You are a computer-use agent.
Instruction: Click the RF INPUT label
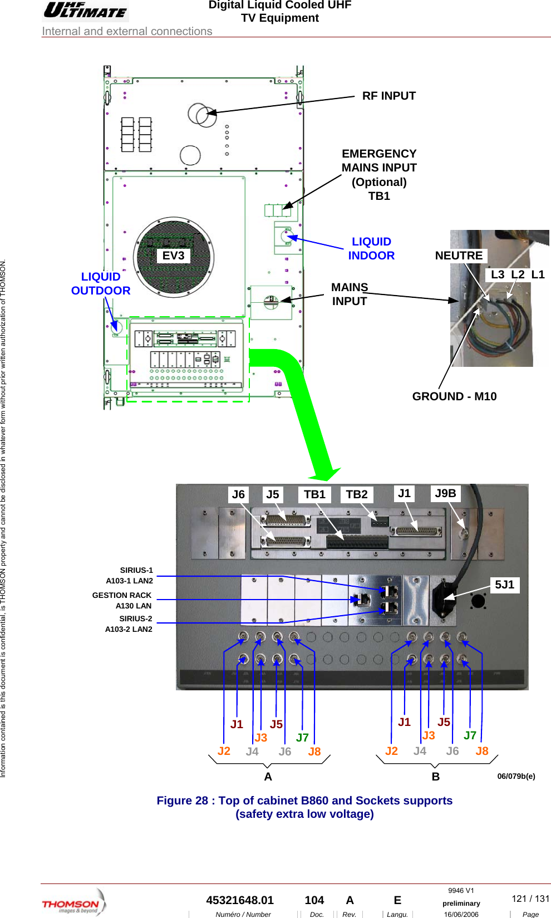point(388,96)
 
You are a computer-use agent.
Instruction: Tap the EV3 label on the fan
point(173,256)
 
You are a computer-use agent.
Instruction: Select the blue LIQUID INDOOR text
point(371,248)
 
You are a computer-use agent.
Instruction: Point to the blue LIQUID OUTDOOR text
point(101,283)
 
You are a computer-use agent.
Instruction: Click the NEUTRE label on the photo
point(459,256)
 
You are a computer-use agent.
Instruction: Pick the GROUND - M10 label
point(454,396)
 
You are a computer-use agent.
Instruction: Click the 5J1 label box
point(505,585)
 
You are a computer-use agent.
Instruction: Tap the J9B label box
point(445,493)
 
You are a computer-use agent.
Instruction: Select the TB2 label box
point(356,494)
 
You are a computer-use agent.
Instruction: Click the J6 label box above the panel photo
point(238,494)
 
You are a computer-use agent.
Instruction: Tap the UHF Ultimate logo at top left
point(85,11)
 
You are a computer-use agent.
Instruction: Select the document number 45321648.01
point(240,900)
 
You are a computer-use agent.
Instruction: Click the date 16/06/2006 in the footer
point(461,914)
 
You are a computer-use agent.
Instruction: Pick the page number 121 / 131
point(530,899)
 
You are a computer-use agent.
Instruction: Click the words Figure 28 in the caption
point(182,801)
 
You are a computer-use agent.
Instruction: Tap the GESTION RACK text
point(122,595)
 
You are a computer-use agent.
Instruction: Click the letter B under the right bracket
point(436,777)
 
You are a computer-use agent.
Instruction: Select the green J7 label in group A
point(302,738)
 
